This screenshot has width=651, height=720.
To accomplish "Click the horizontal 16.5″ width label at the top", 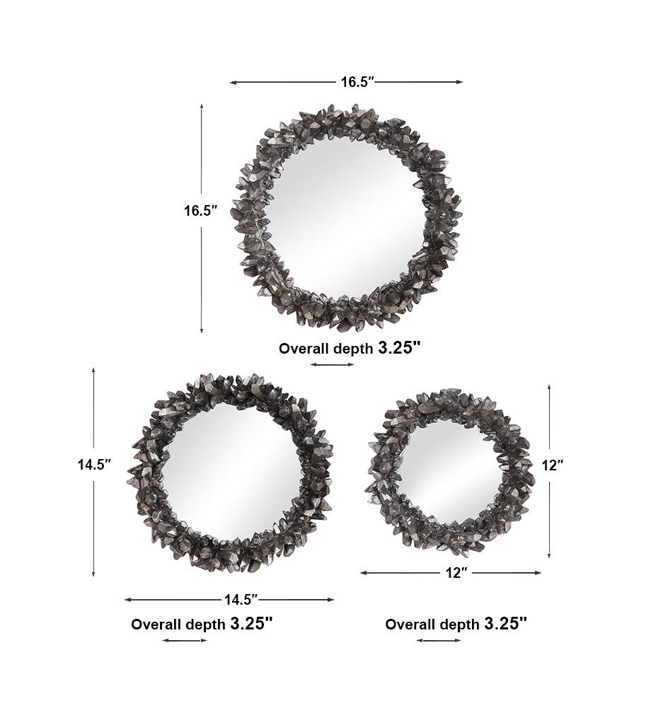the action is coord(358,82).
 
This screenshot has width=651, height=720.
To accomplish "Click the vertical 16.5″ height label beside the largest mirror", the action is coord(200,211).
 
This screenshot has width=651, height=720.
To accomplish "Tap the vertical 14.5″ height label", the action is coord(95,465).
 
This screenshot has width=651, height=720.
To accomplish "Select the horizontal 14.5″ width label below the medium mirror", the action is coord(241,599).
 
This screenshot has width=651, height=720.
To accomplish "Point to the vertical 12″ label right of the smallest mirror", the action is coord(552,465).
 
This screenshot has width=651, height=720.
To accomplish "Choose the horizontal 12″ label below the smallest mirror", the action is coord(456,573).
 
